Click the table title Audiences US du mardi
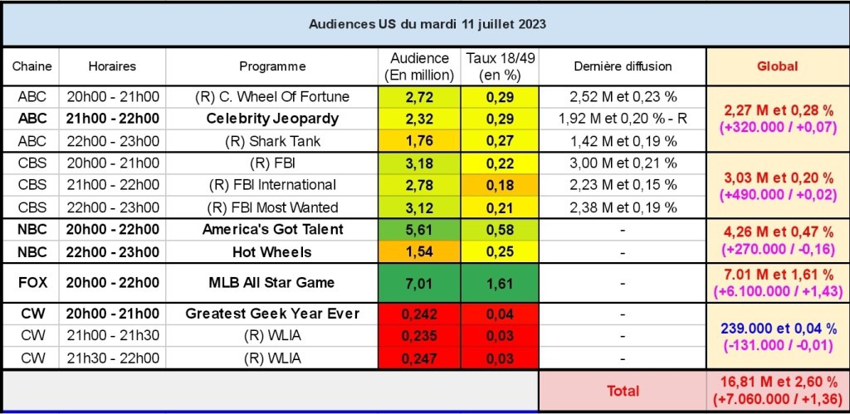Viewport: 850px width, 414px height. tap(427, 24)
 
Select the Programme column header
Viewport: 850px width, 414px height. tap(272, 66)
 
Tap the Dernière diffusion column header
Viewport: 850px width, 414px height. tap(623, 66)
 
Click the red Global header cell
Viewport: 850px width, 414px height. tap(778, 66)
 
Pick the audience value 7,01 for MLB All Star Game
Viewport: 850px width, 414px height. tap(420, 283)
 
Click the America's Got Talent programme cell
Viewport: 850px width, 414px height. tap(272, 230)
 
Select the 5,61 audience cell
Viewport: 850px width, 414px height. tap(420, 230)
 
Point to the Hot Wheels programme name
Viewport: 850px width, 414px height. tap(272, 251)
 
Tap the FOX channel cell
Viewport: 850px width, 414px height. tap(30, 283)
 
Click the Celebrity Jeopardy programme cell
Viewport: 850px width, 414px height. tap(272, 119)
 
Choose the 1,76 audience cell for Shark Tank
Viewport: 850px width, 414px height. tap(420, 140)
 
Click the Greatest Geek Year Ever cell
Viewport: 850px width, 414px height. tap(272, 314)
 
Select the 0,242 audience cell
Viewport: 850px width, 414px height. tap(420, 314)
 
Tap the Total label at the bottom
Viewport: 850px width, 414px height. tap(623, 391)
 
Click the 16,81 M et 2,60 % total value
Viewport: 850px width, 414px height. tap(778, 383)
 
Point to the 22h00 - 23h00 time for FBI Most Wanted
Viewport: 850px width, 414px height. tap(113, 207)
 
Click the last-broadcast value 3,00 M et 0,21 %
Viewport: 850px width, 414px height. tap(623, 163)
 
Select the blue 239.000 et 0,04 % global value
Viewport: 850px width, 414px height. tap(778, 329)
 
